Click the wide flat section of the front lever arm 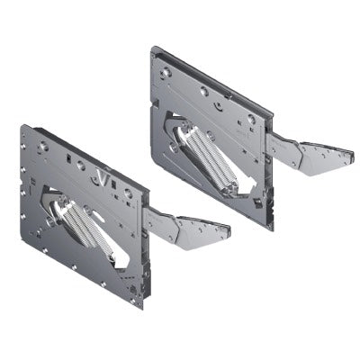coord(202,229)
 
